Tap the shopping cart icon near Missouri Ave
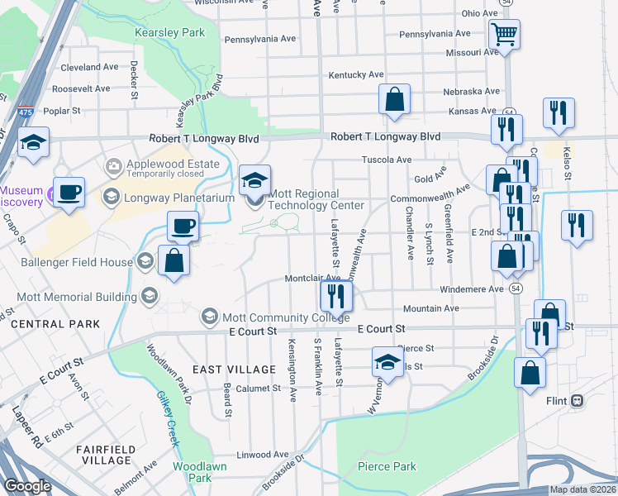tap(504, 35)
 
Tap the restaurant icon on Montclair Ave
tap(335, 295)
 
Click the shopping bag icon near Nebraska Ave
tap(395, 99)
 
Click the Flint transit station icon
tap(577, 401)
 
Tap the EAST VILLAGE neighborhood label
tap(234, 369)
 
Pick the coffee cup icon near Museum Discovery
tap(69, 192)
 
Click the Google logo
tap(28, 486)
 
